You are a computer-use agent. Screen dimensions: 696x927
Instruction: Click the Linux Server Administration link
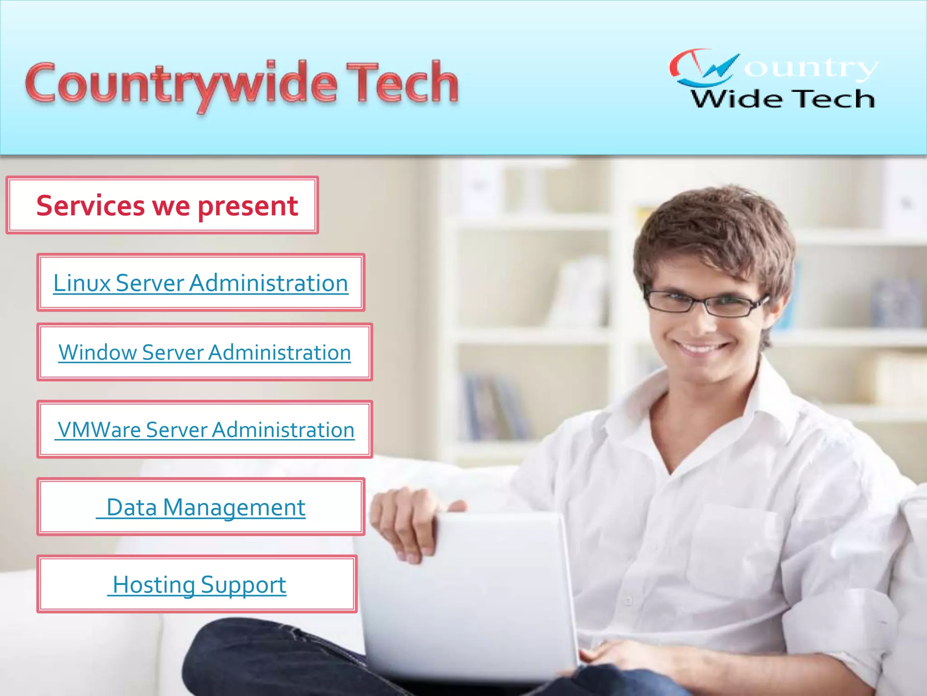pos(201,283)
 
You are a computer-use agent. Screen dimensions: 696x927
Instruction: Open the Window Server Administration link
pos(205,353)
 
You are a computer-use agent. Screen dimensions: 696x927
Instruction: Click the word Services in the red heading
pos(91,206)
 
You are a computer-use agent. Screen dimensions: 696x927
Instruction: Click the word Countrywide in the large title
pos(181,84)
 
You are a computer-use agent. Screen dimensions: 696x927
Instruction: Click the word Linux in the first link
pos(82,283)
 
